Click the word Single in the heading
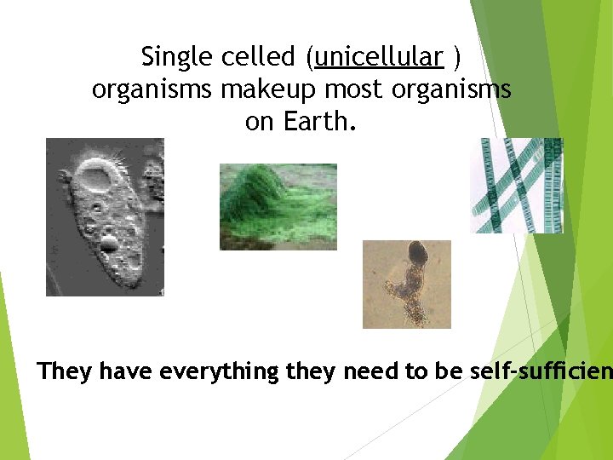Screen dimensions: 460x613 click(x=167, y=57)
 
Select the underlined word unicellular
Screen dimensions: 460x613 click(x=378, y=57)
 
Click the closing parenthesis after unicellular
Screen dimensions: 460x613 click(x=457, y=57)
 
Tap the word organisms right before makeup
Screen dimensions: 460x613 click(x=150, y=90)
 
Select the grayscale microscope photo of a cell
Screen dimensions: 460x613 click(x=104, y=217)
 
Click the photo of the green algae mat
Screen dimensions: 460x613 click(x=278, y=206)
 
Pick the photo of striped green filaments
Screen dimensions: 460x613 click(x=518, y=185)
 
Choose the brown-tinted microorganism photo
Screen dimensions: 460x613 click(x=406, y=284)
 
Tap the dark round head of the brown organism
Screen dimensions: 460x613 click(x=418, y=251)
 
